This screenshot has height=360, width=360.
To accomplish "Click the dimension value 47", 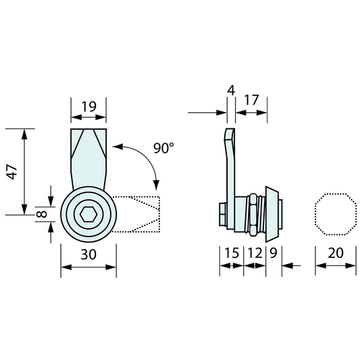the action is point(12,172).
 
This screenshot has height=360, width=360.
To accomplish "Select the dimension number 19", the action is point(89,107).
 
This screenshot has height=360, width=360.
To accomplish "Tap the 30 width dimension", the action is point(88,255).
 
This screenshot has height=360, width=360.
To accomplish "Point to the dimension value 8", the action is point(42,214).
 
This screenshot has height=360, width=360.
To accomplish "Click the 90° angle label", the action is point(163,148).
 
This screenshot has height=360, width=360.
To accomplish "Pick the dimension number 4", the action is point(231,91).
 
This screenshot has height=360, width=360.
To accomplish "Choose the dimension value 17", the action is point(251,100).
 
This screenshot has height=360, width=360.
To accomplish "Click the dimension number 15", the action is point(232,253).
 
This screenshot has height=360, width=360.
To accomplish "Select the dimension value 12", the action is point(255,253).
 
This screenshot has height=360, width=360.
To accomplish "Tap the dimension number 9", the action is point(274,253).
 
